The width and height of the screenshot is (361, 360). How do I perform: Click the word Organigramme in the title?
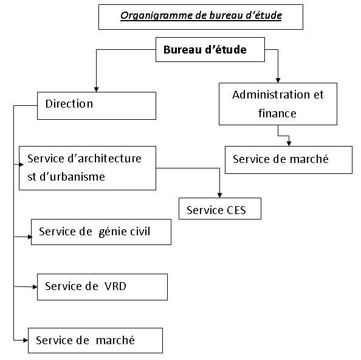(x=148, y=16)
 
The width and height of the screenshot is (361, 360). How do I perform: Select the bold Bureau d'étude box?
(x=205, y=50)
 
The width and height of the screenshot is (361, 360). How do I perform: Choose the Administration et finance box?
(x=278, y=104)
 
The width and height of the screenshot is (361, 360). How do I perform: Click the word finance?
(x=277, y=113)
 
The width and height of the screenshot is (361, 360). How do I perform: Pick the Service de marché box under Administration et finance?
(x=288, y=159)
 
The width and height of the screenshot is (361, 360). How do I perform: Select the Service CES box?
(x=221, y=209)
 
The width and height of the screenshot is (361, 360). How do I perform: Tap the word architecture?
(x=106, y=159)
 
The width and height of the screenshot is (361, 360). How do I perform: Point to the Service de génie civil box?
(x=101, y=232)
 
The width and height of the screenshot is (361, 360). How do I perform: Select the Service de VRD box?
(x=102, y=286)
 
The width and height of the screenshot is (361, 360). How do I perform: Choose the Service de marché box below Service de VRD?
(x=95, y=340)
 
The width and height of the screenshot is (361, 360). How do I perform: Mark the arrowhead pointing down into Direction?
(x=95, y=89)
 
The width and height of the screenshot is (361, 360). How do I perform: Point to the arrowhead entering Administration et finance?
(x=278, y=80)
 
